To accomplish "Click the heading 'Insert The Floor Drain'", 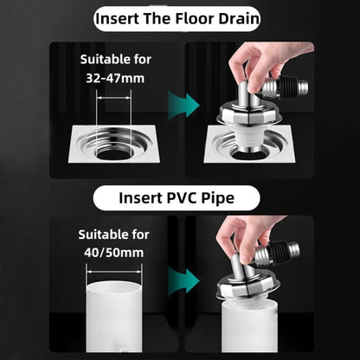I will click(180, 17).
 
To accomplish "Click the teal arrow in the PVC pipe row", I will click(177, 283).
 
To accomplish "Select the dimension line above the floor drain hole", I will click(117, 100).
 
